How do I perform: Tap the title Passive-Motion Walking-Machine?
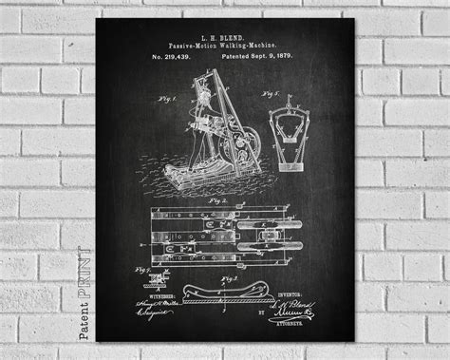point(225,46)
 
